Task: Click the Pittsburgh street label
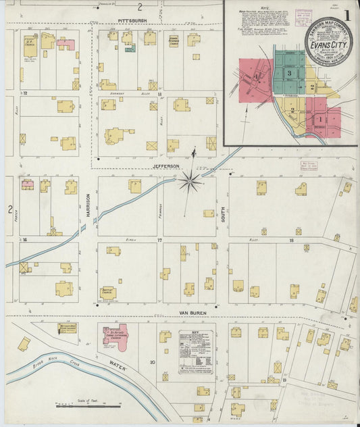132,21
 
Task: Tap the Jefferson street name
165,166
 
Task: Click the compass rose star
190,180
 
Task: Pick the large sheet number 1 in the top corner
347,14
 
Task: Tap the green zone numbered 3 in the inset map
288,72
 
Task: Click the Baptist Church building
107,293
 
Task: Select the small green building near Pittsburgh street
130,48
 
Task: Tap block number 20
153,363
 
